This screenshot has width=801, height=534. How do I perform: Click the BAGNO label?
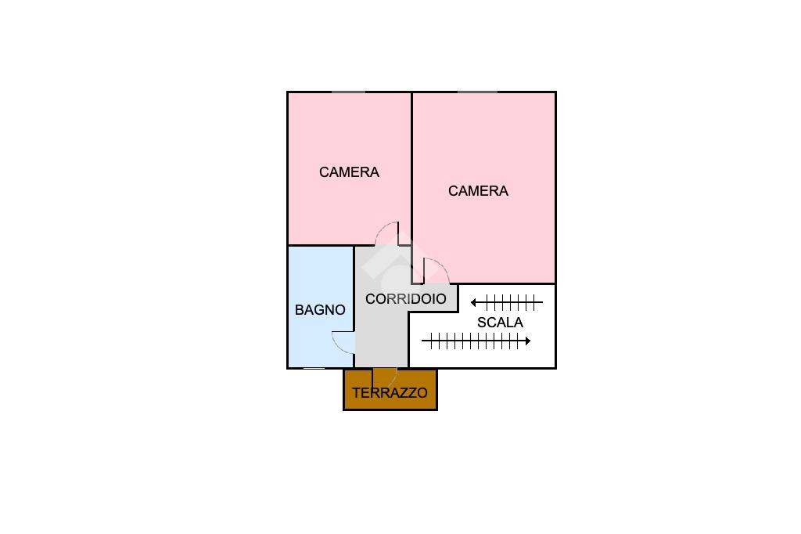320,310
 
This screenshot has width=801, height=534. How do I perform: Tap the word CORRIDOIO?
406,299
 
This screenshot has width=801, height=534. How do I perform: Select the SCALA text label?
500,323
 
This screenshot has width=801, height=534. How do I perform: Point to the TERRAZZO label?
390,393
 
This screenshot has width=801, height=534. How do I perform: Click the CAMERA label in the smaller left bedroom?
350,172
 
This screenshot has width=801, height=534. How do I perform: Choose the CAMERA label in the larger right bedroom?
478,191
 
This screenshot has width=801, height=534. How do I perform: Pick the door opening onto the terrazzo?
385,377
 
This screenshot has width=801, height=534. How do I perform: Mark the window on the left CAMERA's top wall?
348,92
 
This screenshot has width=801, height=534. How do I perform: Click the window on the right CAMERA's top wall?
478,92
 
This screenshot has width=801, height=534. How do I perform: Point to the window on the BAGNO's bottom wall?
314,368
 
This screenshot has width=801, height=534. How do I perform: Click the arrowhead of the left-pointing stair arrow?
473,303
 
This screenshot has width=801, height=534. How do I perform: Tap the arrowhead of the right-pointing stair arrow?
528,341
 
